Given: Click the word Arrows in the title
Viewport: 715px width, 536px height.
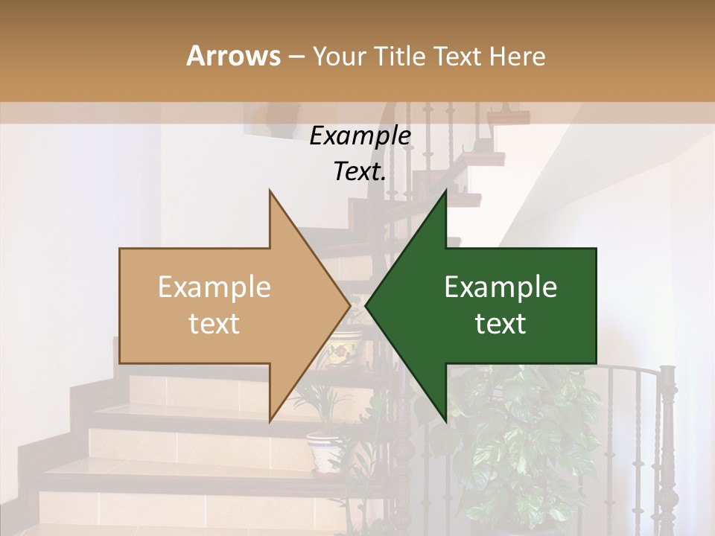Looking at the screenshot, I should point(233,56).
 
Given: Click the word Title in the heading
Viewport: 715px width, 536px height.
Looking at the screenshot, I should point(404,56).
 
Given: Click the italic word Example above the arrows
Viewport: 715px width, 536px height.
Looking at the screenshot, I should point(360,136).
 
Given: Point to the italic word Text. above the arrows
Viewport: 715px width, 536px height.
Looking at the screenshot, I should point(360,171).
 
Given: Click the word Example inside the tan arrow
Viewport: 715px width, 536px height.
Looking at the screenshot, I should point(214,287).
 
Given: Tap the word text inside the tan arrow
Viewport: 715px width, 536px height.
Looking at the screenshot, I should point(214,324).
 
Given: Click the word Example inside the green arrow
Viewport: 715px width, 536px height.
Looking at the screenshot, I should point(500,287).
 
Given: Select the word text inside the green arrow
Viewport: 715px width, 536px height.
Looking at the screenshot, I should point(500,324).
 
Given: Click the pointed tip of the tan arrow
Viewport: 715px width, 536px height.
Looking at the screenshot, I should point(349,305).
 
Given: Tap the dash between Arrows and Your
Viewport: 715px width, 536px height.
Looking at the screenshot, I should point(296,57).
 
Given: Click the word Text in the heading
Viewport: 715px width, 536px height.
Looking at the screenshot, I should point(457,56).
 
